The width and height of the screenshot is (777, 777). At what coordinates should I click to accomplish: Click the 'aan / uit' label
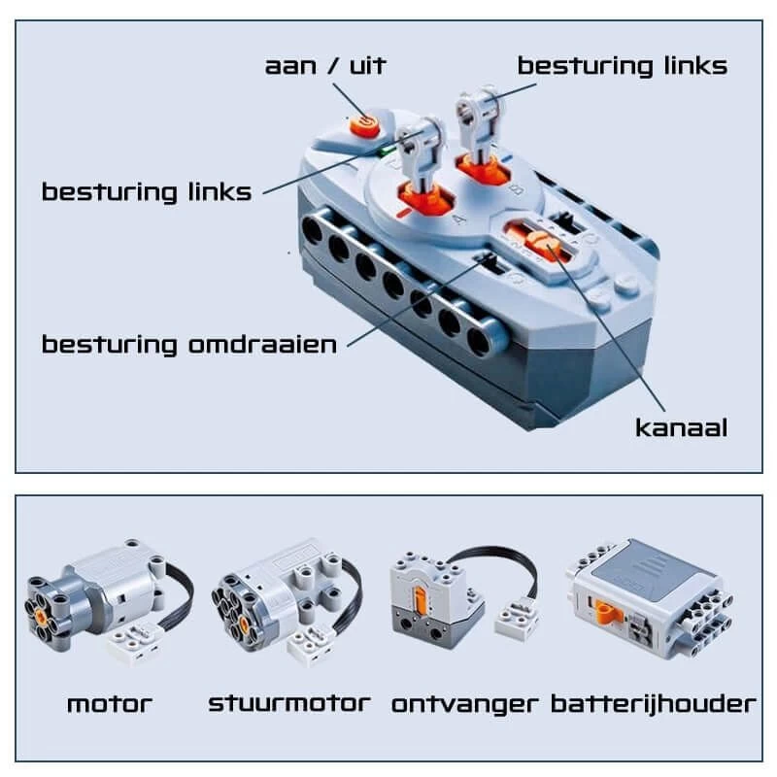[325, 65]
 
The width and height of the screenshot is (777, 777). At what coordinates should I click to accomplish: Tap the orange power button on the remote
[365, 125]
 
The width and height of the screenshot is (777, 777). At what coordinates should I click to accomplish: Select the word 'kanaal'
[682, 427]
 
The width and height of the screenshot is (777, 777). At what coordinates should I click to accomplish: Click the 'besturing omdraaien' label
[188, 344]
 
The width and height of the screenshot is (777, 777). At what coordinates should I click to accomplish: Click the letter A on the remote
[459, 218]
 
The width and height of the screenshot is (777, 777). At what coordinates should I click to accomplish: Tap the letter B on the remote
[516, 189]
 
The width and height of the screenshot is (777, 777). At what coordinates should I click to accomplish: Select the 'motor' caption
[110, 704]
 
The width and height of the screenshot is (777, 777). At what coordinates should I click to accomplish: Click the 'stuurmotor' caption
[289, 703]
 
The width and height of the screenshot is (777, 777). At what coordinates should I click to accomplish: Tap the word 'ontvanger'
[464, 704]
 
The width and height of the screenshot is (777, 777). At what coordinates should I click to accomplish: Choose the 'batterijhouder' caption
[654, 703]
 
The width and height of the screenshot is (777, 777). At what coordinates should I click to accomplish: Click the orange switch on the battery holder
[606, 613]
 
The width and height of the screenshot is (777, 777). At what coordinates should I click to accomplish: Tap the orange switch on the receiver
[420, 599]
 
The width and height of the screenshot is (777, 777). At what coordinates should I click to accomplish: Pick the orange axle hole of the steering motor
[243, 624]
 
